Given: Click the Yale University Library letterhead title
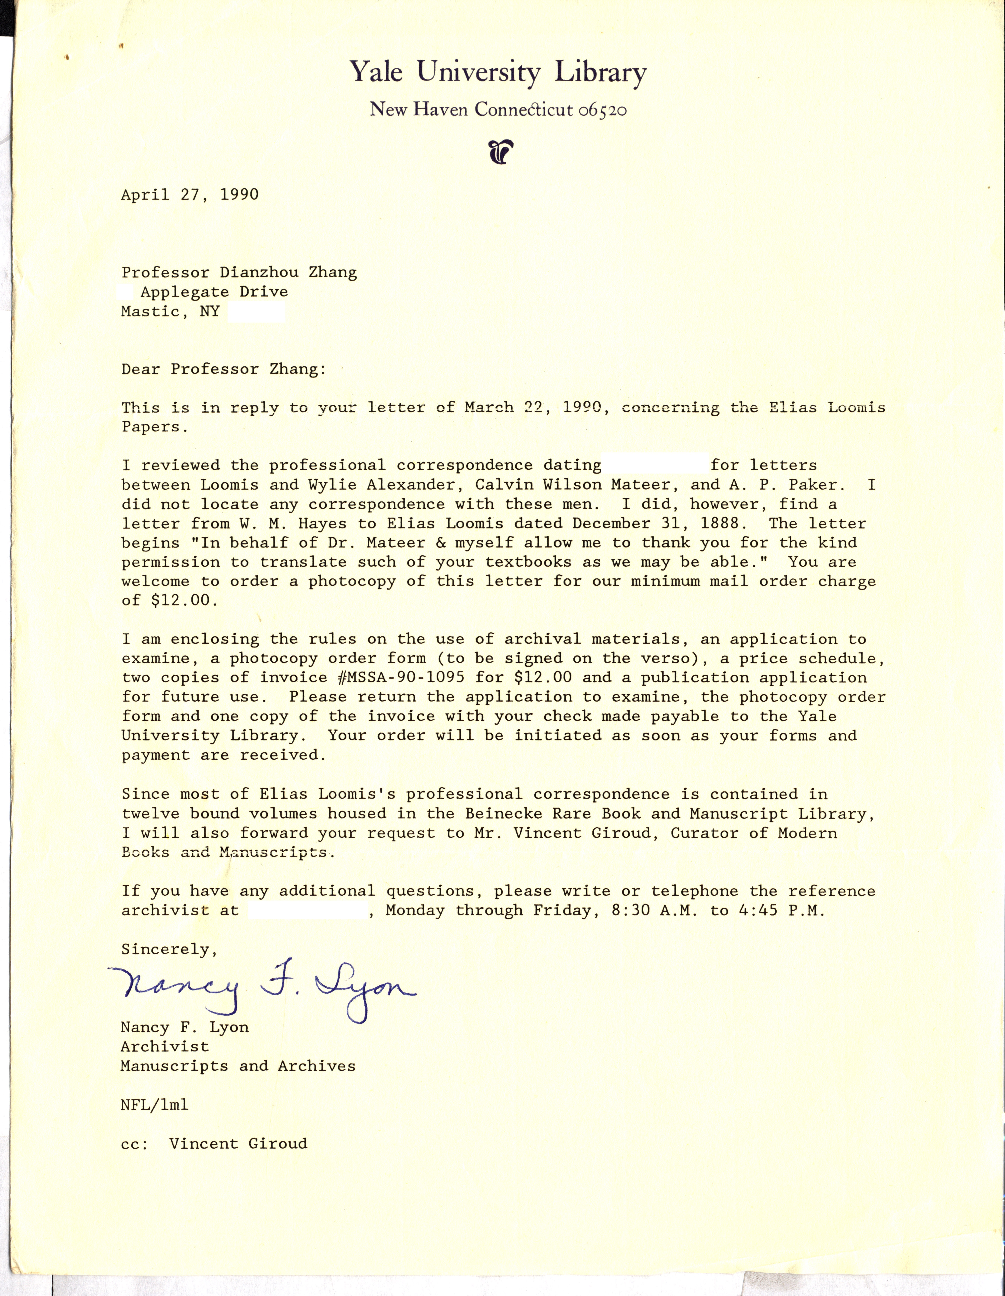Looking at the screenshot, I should click(x=497, y=72).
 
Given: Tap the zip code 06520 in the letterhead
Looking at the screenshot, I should click(x=602, y=110).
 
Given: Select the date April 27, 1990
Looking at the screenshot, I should click(x=190, y=195).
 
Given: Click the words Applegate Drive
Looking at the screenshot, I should click(x=214, y=292).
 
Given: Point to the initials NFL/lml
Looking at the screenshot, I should click(x=154, y=1104).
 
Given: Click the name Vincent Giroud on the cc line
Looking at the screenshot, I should click(x=238, y=1144).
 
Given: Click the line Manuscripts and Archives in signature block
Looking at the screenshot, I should click(x=238, y=1066).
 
